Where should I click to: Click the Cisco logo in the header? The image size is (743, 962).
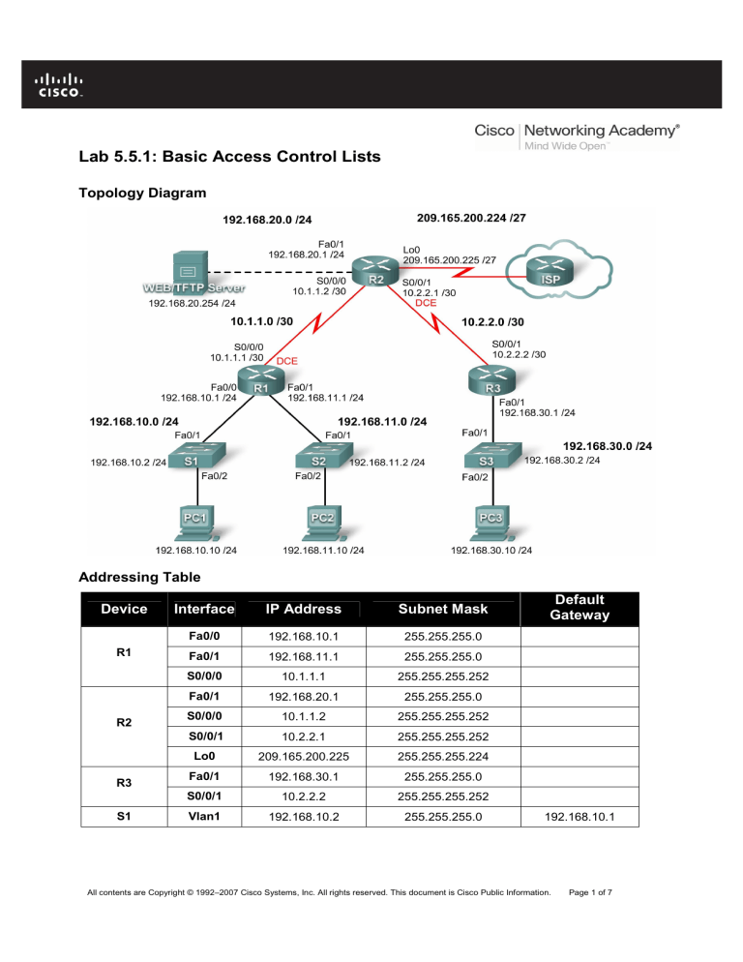pos(60,85)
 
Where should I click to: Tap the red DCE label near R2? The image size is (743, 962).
pos(426,304)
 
